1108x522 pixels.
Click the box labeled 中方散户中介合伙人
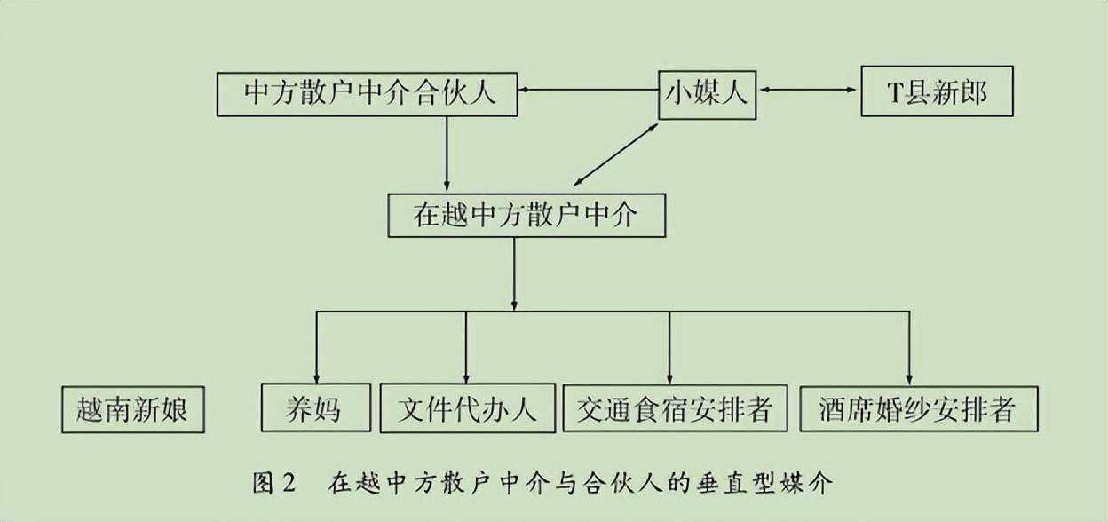[368, 93]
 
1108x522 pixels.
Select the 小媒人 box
[706, 93]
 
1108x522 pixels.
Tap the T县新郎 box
[937, 93]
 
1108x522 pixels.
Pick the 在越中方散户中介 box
[526, 215]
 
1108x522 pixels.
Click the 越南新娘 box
[133, 409]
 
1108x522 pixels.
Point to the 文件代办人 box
[467, 409]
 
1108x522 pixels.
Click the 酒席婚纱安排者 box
[919, 409]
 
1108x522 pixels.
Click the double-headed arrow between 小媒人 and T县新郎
[808, 90]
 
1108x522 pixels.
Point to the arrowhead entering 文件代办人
[466, 376]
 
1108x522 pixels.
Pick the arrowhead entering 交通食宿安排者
[669, 376]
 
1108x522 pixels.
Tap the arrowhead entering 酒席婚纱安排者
[909, 376]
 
